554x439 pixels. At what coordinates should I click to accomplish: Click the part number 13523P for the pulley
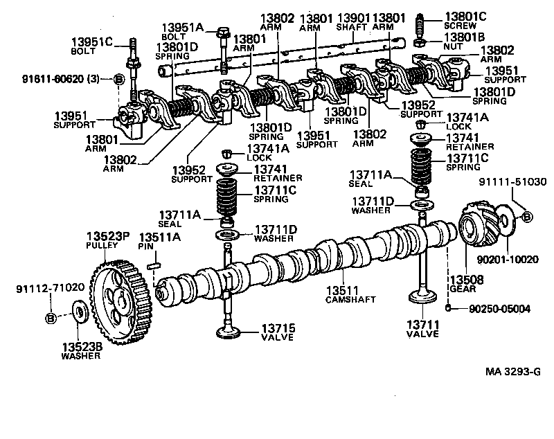108,237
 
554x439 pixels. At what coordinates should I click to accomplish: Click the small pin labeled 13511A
155,265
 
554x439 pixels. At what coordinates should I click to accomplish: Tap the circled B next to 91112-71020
50,319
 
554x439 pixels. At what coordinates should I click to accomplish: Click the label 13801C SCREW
465,20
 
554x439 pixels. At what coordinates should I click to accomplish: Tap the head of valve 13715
231,333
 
